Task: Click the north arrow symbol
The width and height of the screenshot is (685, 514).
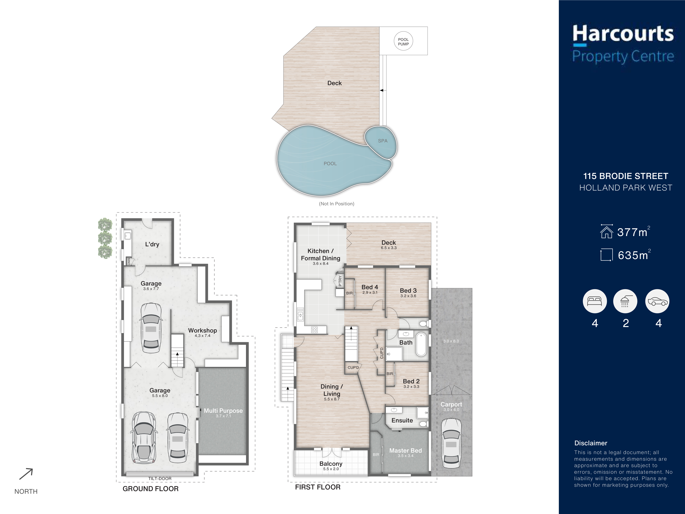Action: (x=26, y=474)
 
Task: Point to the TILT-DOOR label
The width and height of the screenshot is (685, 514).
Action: (x=160, y=479)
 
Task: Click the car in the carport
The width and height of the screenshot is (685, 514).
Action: (x=451, y=443)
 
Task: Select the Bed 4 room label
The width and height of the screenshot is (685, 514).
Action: (x=370, y=287)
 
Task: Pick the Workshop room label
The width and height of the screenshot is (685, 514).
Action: (x=202, y=331)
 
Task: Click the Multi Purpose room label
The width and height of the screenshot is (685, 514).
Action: (x=223, y=411)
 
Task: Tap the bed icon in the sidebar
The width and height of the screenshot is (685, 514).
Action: (x=595, y=301)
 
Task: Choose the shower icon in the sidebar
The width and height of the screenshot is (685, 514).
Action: (x=625, y=301)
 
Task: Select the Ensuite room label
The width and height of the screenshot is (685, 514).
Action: (x=402, y=420)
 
